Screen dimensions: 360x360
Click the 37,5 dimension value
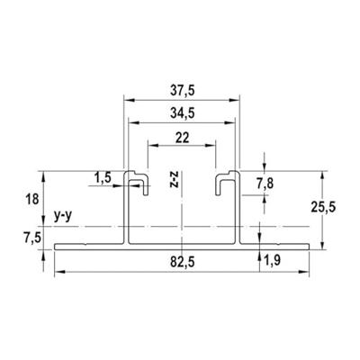[x=183, y=91]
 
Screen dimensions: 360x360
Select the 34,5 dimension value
[x=183, y=113]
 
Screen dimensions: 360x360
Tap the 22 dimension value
[x=182, y=138]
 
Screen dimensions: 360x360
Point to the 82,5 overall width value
[x=183, y=263]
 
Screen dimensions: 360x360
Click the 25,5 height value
[x=323, y=207]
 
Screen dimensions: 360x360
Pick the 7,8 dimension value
[x=265, y=184]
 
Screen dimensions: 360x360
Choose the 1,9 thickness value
[x=272, y=261]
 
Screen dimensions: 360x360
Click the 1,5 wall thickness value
[x=103, y=178]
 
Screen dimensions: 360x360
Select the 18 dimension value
[x=32, y=199]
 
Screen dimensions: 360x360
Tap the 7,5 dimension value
[x=31, y=238]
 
